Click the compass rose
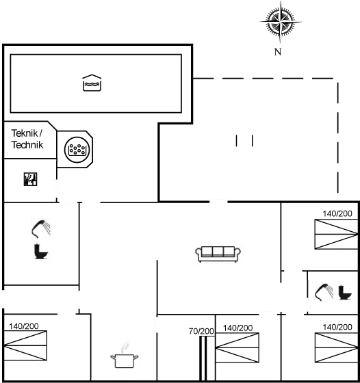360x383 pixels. tap(281, 22)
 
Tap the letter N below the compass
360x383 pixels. tap(278, 52)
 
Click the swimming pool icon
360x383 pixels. tap(92, 83)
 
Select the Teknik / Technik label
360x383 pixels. tap(27, 139)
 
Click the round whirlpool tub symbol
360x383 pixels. tap(77, 150)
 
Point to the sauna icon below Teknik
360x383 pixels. tap(31, 179)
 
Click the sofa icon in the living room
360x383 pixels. tap(218, 254)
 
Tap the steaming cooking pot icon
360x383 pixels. tap(124, 356)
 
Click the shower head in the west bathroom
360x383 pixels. tap(41, 228)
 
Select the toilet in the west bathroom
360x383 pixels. tap(41, 252)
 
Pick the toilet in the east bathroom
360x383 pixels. tap(345, 293)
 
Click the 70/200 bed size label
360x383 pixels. tap(201, 331)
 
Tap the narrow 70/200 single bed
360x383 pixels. tap(203, 358)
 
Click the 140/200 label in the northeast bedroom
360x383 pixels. tap(337, 213)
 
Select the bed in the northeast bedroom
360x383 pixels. tap(336, 234)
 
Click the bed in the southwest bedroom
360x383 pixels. tap(25, 345)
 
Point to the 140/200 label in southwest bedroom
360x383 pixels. tap(24, 326)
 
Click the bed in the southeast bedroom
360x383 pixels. tap(337, 347)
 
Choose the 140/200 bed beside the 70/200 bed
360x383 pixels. tap(237, 347)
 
